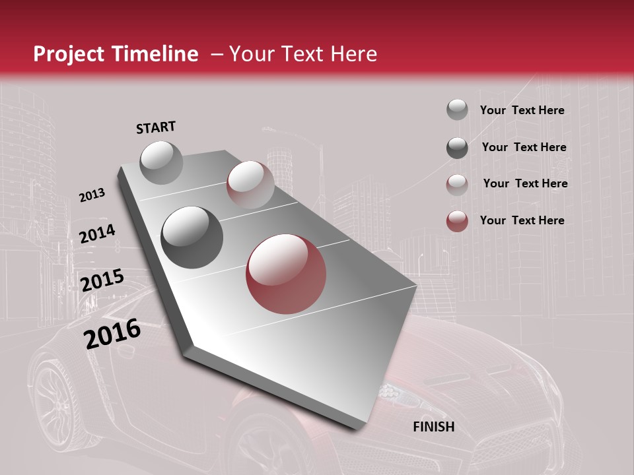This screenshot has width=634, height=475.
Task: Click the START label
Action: (156, 127)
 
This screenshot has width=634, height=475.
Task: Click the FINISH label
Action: (433, 427)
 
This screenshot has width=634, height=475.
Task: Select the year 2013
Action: (92, 195)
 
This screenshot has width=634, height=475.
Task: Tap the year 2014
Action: (97, 234)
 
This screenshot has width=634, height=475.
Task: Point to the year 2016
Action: (112, 334)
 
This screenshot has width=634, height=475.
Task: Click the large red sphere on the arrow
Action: (286, 274)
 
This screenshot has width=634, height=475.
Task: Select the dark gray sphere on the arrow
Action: (192, 237)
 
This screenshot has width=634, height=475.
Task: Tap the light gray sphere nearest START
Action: (161, 162)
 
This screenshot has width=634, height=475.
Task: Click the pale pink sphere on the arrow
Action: (250, 185)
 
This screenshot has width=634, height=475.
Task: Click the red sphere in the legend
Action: (457, 221)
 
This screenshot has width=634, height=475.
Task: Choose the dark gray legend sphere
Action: (457, 148)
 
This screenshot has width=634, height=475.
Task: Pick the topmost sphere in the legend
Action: (457, 110)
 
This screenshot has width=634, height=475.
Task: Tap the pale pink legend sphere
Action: (457, 184)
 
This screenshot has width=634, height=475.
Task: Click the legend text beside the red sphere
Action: (522, 220)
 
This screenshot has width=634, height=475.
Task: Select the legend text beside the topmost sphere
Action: (522, 110)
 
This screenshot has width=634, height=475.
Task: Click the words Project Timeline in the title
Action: (116, 54)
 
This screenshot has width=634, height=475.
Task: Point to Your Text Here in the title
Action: (302, 54)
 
